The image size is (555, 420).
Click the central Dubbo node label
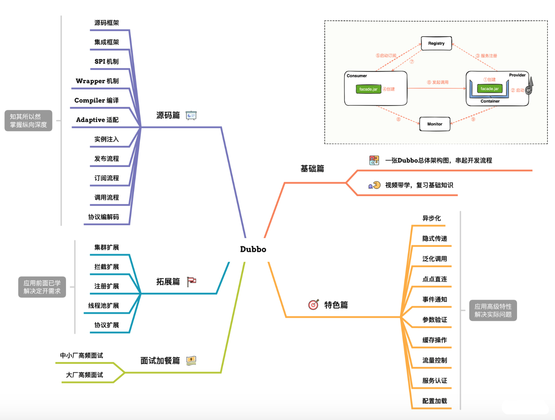point(253,249)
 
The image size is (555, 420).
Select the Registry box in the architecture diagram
point(436,43)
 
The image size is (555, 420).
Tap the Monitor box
point(435,124)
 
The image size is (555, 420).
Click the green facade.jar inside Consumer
point(368,89)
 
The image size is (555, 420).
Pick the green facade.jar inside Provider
point(489,89)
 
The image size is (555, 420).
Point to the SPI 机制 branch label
point(106,62)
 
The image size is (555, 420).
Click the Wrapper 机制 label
point(97,81)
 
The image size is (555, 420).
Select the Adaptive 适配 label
point(97,120)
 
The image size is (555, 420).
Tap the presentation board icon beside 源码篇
point(191,116)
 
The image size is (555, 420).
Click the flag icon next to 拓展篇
point(191,281)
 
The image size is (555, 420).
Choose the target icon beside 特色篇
point(314,305)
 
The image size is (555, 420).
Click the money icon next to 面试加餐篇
point(191,361)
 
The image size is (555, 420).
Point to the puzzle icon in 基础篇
point(374,161)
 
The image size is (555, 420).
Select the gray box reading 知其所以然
point(28,121)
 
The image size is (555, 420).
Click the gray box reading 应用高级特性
point(493,310)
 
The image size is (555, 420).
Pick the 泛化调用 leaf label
point(435,259)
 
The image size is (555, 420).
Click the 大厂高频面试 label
point(85,375)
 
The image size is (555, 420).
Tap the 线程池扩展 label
point(104,306)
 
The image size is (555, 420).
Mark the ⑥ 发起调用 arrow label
point(438,83)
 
